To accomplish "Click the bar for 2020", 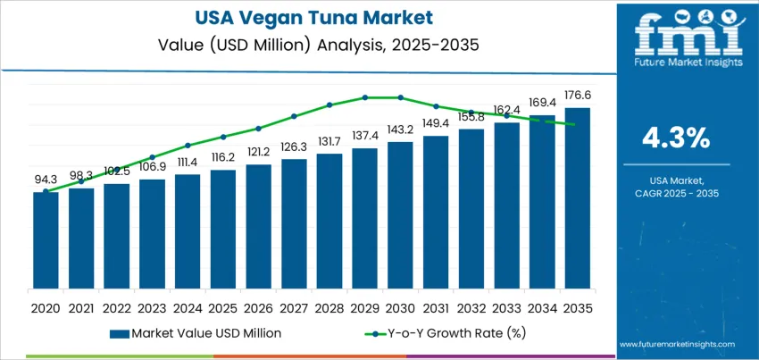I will click(x=46, y=241).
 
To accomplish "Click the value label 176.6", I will click(x=577, y=95).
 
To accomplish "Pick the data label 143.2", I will click(x=400, y=129).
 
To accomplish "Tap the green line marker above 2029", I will click(x=364, y=97).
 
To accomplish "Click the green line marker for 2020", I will click(x=46, y=191).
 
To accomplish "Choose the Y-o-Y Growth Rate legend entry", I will click(x=438, y=333).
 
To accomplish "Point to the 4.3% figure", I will click(x=676, y=138).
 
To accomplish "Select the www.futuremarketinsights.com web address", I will click(x=676, y=344).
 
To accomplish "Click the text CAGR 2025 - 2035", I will click(x=676, y=193).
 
